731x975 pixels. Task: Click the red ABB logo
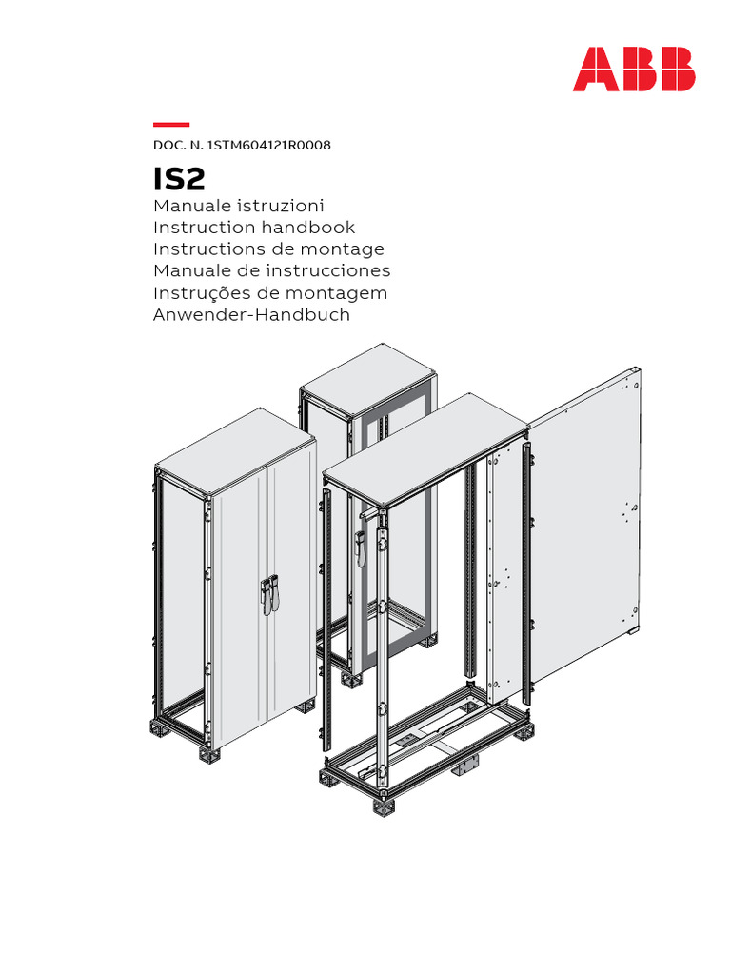(x=633, y=70)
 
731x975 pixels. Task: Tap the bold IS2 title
(x=179, y=178)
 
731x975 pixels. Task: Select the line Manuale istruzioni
(x=239, y=206)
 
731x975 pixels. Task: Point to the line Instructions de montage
(x=268, y=249)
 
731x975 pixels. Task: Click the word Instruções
(x=197, y=293)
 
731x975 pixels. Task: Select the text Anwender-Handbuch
(x=251, y=315)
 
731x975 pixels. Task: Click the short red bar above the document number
(x=171, y=125)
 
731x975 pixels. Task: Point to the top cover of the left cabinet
(x=234, y=450)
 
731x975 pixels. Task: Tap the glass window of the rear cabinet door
(x=392, y=533)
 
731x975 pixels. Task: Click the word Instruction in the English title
(x=205, y=228)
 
